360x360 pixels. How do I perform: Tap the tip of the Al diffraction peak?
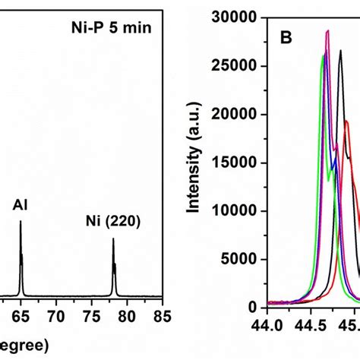(x=21, y=222)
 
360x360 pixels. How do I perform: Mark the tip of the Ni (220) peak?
(x=113, y=239)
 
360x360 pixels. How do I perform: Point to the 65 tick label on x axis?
(x=21, y=314)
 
